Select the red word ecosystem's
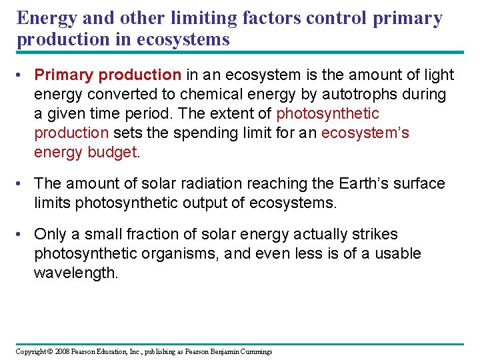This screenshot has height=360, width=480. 365,133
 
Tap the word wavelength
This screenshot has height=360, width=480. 76,273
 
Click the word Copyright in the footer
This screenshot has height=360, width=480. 31,351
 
